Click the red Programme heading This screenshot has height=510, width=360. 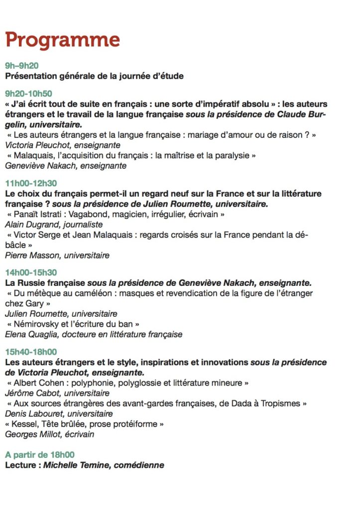pos(62,40)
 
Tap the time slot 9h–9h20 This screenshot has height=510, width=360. pos(22,66)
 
